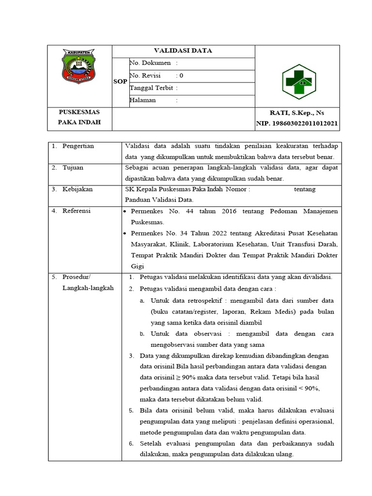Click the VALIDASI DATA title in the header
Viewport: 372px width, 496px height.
click(x=183, y=50)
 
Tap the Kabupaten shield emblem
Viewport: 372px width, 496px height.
click(x=79, y=66)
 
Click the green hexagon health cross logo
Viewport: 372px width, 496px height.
click(x=299, y=82)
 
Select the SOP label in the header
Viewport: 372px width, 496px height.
click(x=120, y=81)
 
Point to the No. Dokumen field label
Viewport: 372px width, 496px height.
click(x=150, y=63)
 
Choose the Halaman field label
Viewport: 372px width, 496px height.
click(x=143, y=100)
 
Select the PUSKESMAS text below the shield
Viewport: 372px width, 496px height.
click(x=79, y=112)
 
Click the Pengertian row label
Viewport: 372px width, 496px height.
click(x=78, y=146)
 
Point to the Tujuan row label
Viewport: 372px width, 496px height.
click(x=73, y=167)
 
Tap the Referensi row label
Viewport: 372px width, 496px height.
click(x=77, y=211)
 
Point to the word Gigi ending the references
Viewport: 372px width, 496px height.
click(x=138, y=266)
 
